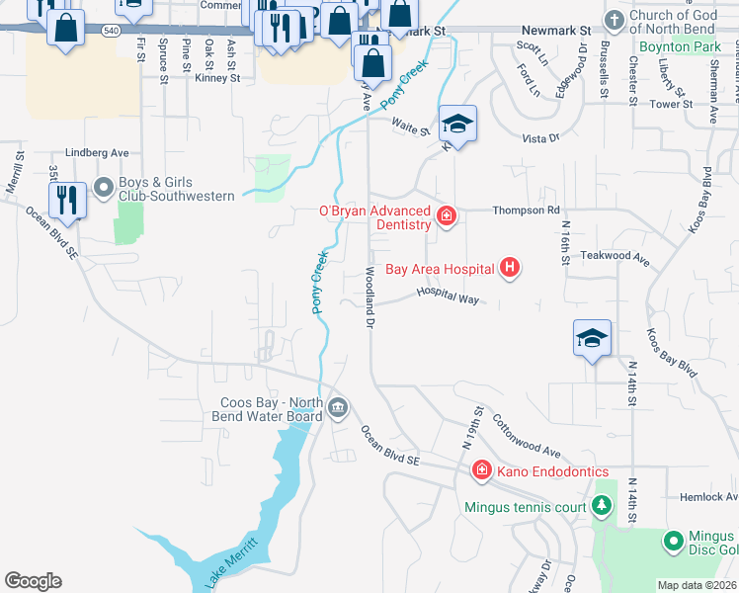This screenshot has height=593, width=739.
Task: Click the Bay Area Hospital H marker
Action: coord(510,267)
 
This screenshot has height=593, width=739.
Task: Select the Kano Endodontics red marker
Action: coord(482,470)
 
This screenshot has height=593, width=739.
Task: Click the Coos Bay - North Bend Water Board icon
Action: coord(338,407)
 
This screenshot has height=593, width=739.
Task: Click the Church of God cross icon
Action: coord(614,20)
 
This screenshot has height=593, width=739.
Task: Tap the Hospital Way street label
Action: coord(448,295)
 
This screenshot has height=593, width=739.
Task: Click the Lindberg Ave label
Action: coord(97,153)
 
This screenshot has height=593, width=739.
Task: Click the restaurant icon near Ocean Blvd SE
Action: coord(67,200)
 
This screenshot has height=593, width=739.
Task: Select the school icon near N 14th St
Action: coord(593,337)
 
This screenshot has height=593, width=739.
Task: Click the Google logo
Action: coord(33,581)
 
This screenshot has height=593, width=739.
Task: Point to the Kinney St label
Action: coord(217,77)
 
